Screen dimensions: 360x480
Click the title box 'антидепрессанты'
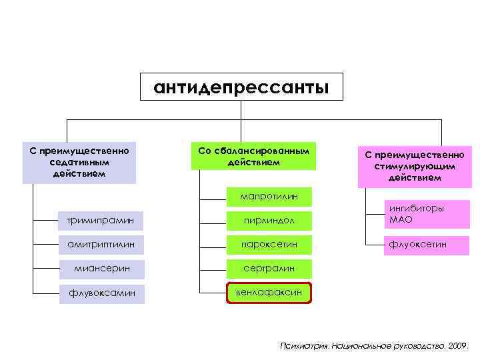point(241,87)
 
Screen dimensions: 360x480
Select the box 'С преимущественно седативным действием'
point(79,162)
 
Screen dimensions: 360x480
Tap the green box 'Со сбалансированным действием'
point(254,156)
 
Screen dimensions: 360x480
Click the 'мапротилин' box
point(269,196)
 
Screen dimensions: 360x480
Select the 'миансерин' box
point(101,269)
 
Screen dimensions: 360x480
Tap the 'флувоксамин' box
point(101,293)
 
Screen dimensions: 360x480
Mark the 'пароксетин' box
point(269,245)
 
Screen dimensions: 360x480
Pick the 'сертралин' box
point(269,269)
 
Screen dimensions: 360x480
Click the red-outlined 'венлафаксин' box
point(269,293)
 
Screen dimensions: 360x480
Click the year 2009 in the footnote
point(457,346)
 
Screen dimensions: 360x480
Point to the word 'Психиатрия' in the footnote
point(298,346)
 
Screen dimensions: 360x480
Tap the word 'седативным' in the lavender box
point(79,162)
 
